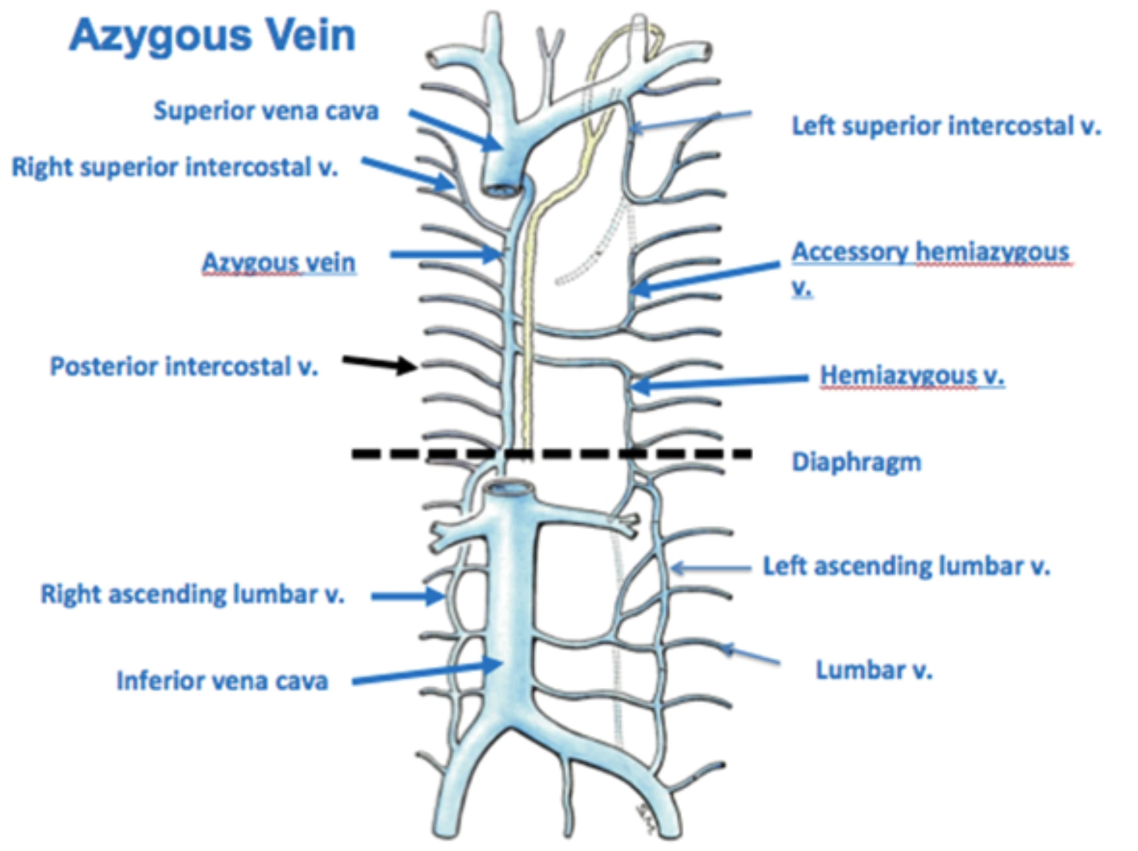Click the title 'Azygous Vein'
[212, 35]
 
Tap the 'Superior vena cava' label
[266, 111]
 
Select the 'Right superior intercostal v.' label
[175, 167]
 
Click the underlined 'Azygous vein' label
[279, 263]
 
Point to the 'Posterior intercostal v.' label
[184, 366]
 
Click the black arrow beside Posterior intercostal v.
[379, 363]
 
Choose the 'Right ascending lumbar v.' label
[192, 594]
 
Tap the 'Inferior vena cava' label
[222, 681]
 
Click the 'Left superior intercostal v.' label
[946, 126]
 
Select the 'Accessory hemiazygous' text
[931, 252]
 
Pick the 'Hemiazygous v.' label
[912, 375]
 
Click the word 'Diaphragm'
[856, 462]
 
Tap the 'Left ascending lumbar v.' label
[906, 567]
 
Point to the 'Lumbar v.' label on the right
[874, 670]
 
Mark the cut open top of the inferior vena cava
[510, 489]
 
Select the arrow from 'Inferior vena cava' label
[427, 672]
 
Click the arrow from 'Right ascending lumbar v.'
[407, 596]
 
